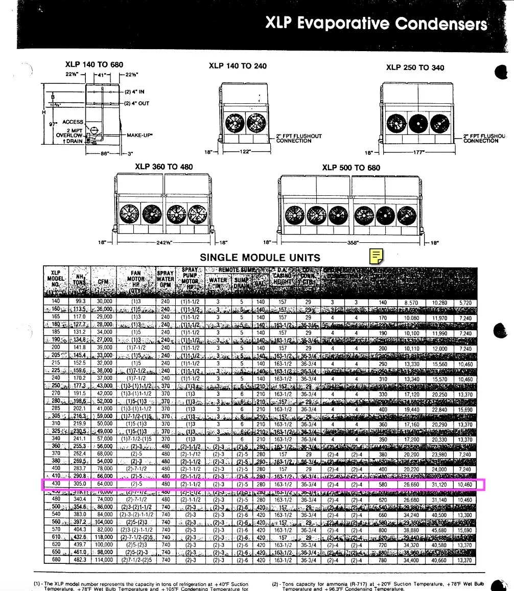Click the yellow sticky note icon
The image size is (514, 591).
tap(377, 255)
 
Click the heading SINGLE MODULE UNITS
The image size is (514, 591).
tap(260, 257)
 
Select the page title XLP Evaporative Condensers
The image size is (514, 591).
tap(376, 24)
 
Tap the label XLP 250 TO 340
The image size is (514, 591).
tap(415, 67)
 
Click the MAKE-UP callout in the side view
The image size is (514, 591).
tap(139, 135)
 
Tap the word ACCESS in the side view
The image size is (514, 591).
tap(73, 122)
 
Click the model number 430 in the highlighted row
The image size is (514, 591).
tap(56, 484)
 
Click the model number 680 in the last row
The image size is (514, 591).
tap(56, 560)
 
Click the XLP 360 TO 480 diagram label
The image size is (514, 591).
tap(164, 167)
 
